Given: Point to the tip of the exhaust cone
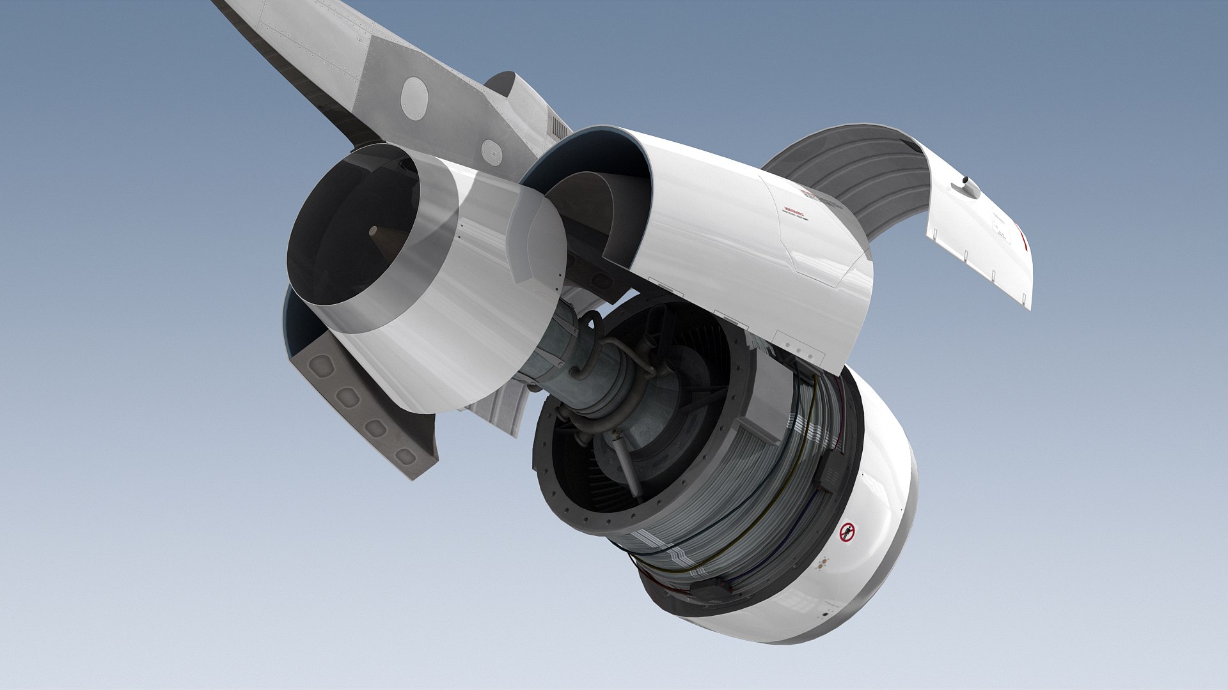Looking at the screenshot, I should [373, 230].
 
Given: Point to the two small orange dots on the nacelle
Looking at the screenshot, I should [824, 563].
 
